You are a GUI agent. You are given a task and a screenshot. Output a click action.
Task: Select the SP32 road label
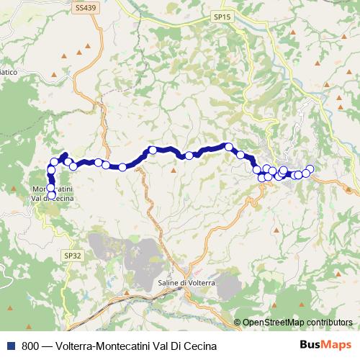[73, 255]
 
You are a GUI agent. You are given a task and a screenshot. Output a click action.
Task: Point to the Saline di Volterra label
[186, 283]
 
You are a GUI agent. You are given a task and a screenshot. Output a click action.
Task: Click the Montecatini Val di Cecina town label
[52, 194]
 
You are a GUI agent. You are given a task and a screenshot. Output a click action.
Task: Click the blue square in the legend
[11, 345]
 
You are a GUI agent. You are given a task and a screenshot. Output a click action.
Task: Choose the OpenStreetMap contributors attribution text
[297, 322]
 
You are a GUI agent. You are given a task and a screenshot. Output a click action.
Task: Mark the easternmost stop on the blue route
[310, 169]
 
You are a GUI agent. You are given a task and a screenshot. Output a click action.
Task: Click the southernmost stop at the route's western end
[51, 194]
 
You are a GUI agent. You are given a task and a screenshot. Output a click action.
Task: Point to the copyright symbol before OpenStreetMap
[237, 322]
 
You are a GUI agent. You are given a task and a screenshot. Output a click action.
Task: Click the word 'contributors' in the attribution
[329, 322]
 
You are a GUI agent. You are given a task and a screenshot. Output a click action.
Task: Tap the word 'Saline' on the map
[168, 283]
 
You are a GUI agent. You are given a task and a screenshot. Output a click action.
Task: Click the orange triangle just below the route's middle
[174, 170]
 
